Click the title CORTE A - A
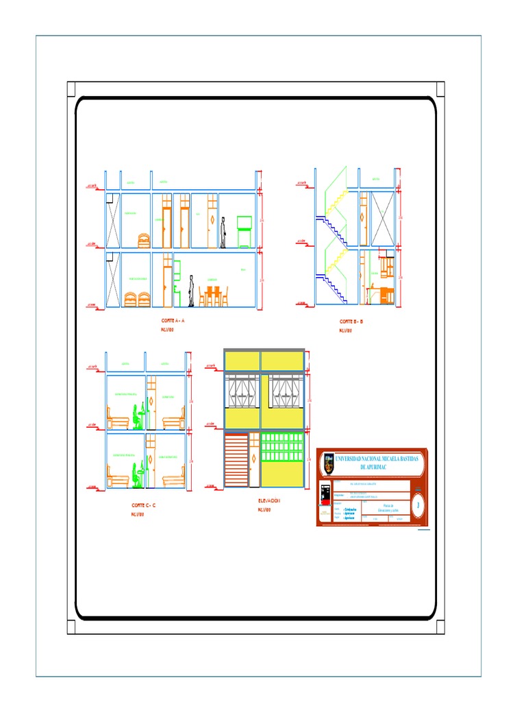click(173, 320)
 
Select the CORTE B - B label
click(351, 321)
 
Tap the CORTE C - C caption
click(144, 505)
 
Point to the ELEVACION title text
click(268, 501)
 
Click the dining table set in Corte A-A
click(213, 295)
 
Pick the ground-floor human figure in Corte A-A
click(192, 291)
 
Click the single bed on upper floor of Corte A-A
click(144, 240)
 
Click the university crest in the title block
click(328, 465)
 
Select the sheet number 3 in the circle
click(418, 507)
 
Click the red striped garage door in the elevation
click(236, 459)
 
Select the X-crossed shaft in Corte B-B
click(382, 218)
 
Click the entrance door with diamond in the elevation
click(253, 459)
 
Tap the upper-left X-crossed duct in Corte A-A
click(113, 220)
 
